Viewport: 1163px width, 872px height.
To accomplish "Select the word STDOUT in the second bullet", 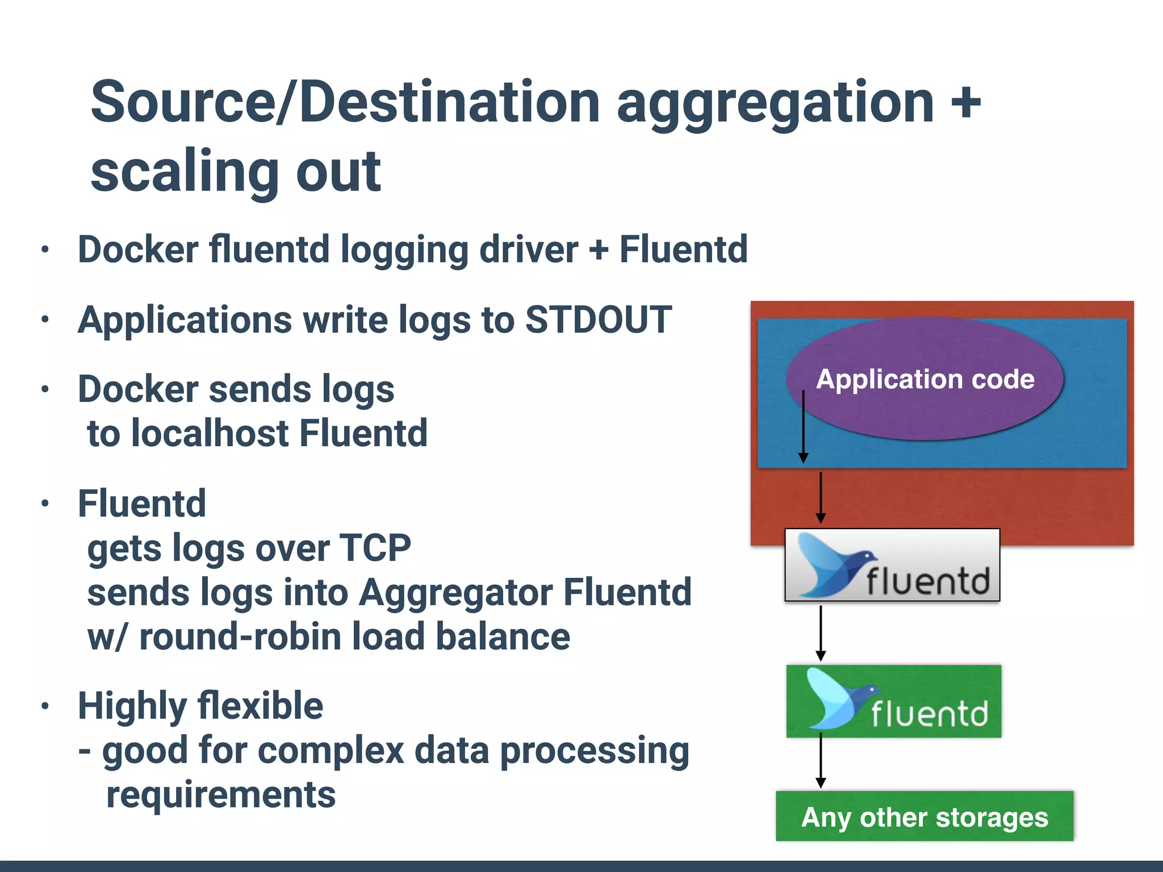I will coord(599,320).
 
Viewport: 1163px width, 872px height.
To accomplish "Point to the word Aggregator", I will coord(455,593).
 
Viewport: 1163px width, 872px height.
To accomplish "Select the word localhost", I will coord(210,434).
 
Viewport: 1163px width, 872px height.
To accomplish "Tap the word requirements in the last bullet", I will coord(221,795).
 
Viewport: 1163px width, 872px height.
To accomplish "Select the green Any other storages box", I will coord(924,816).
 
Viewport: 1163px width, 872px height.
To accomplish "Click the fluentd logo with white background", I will coord(892,565).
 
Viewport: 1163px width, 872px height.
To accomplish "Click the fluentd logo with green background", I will coord(894,702).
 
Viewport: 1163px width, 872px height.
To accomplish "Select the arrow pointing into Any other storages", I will coord(821,761).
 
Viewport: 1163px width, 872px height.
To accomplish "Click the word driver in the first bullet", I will coord(529,250).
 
